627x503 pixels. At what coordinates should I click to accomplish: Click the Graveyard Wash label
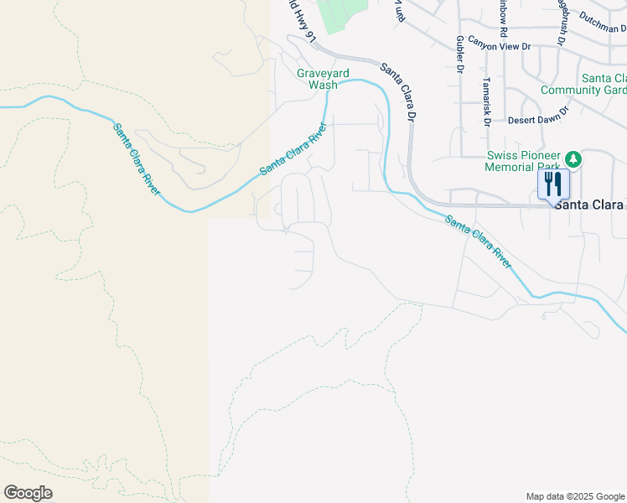tap(317, 79)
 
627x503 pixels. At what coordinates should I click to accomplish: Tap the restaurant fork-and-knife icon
tap(553, 183)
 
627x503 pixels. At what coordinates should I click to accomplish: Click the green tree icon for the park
tap(573, 158)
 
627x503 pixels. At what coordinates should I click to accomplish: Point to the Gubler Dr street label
tap(460, 54)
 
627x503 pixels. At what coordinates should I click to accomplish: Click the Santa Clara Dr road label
tap(399, 90)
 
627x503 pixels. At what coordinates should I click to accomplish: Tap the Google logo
tap(28, 493)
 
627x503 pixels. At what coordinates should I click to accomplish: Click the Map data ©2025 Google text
tap(575, 496)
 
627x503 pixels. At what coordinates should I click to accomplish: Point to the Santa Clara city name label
tap(588, 205)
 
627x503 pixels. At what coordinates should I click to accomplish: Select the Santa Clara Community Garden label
tap(583, 84)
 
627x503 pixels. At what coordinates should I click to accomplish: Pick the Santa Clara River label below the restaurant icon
tap(478, 241)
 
